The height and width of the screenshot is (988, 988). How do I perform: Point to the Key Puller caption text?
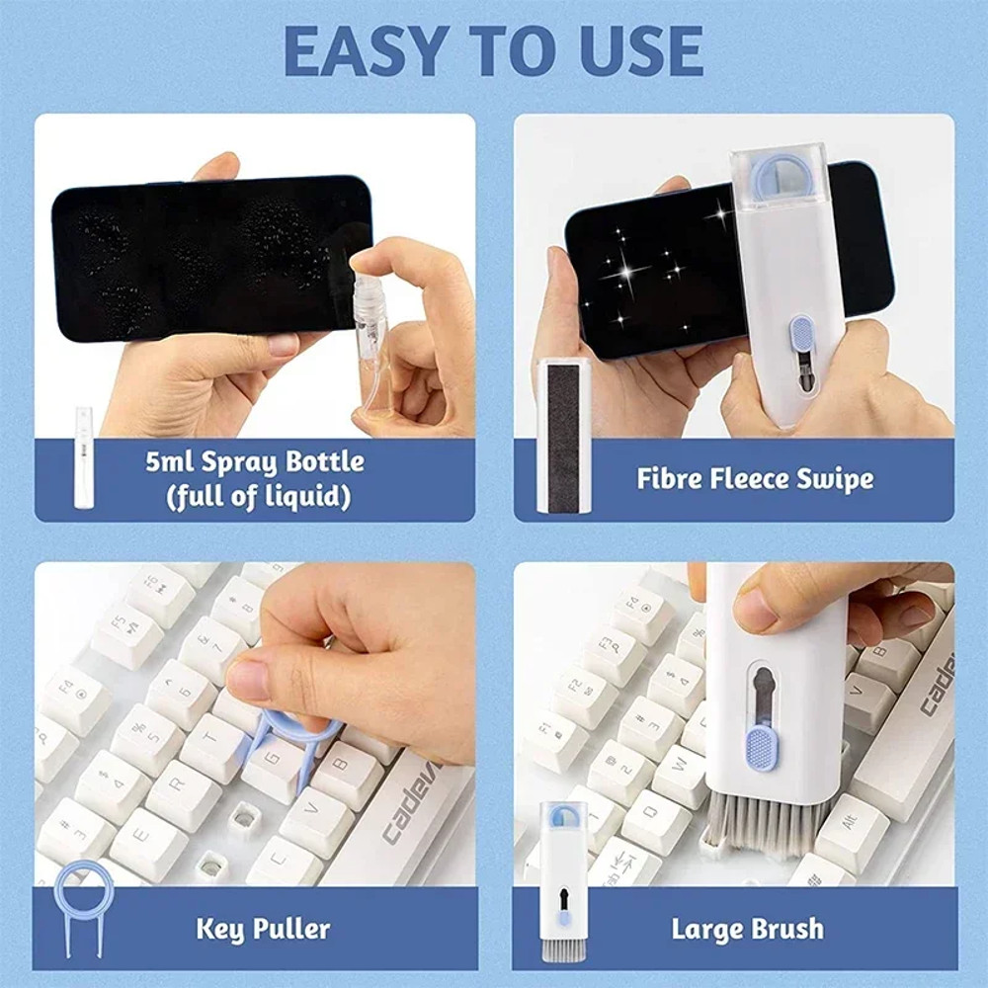[x=262, y=928]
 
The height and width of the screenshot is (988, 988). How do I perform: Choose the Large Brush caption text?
[x=747, y=928]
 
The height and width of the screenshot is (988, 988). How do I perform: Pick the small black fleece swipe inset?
[x=563, y=435]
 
